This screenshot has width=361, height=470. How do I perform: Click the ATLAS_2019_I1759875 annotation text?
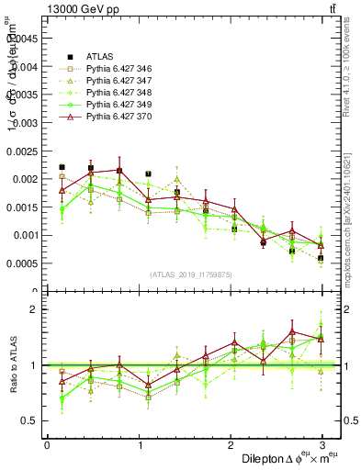point(188,274)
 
